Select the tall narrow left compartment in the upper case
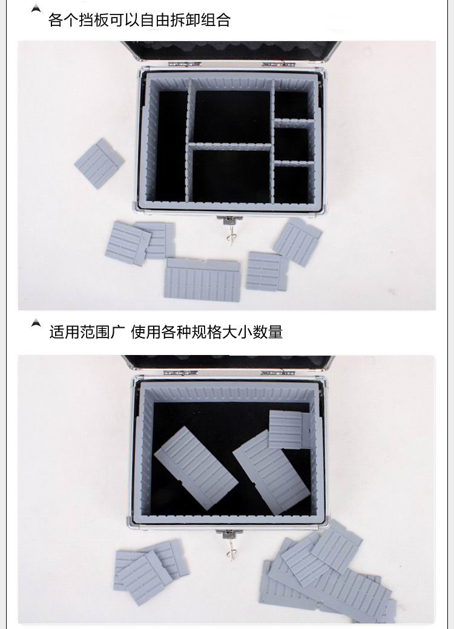[x=172, y=146]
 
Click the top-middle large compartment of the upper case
[x=232, y=116]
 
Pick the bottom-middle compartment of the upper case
[x=232, y=176]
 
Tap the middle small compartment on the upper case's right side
[x=292, y=143]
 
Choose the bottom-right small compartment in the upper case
[x=292, y=184]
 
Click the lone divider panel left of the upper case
[x=99, y=163]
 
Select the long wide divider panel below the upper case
[x=202, y=279]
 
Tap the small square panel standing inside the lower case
[x=289, y=429]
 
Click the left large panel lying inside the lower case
[x=196, y=468]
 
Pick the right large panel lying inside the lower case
[x=271, y=472]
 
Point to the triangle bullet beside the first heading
[x=36, y=8]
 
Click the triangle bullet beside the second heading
[x=36, y=323]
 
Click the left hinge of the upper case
[x=184, y=64]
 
